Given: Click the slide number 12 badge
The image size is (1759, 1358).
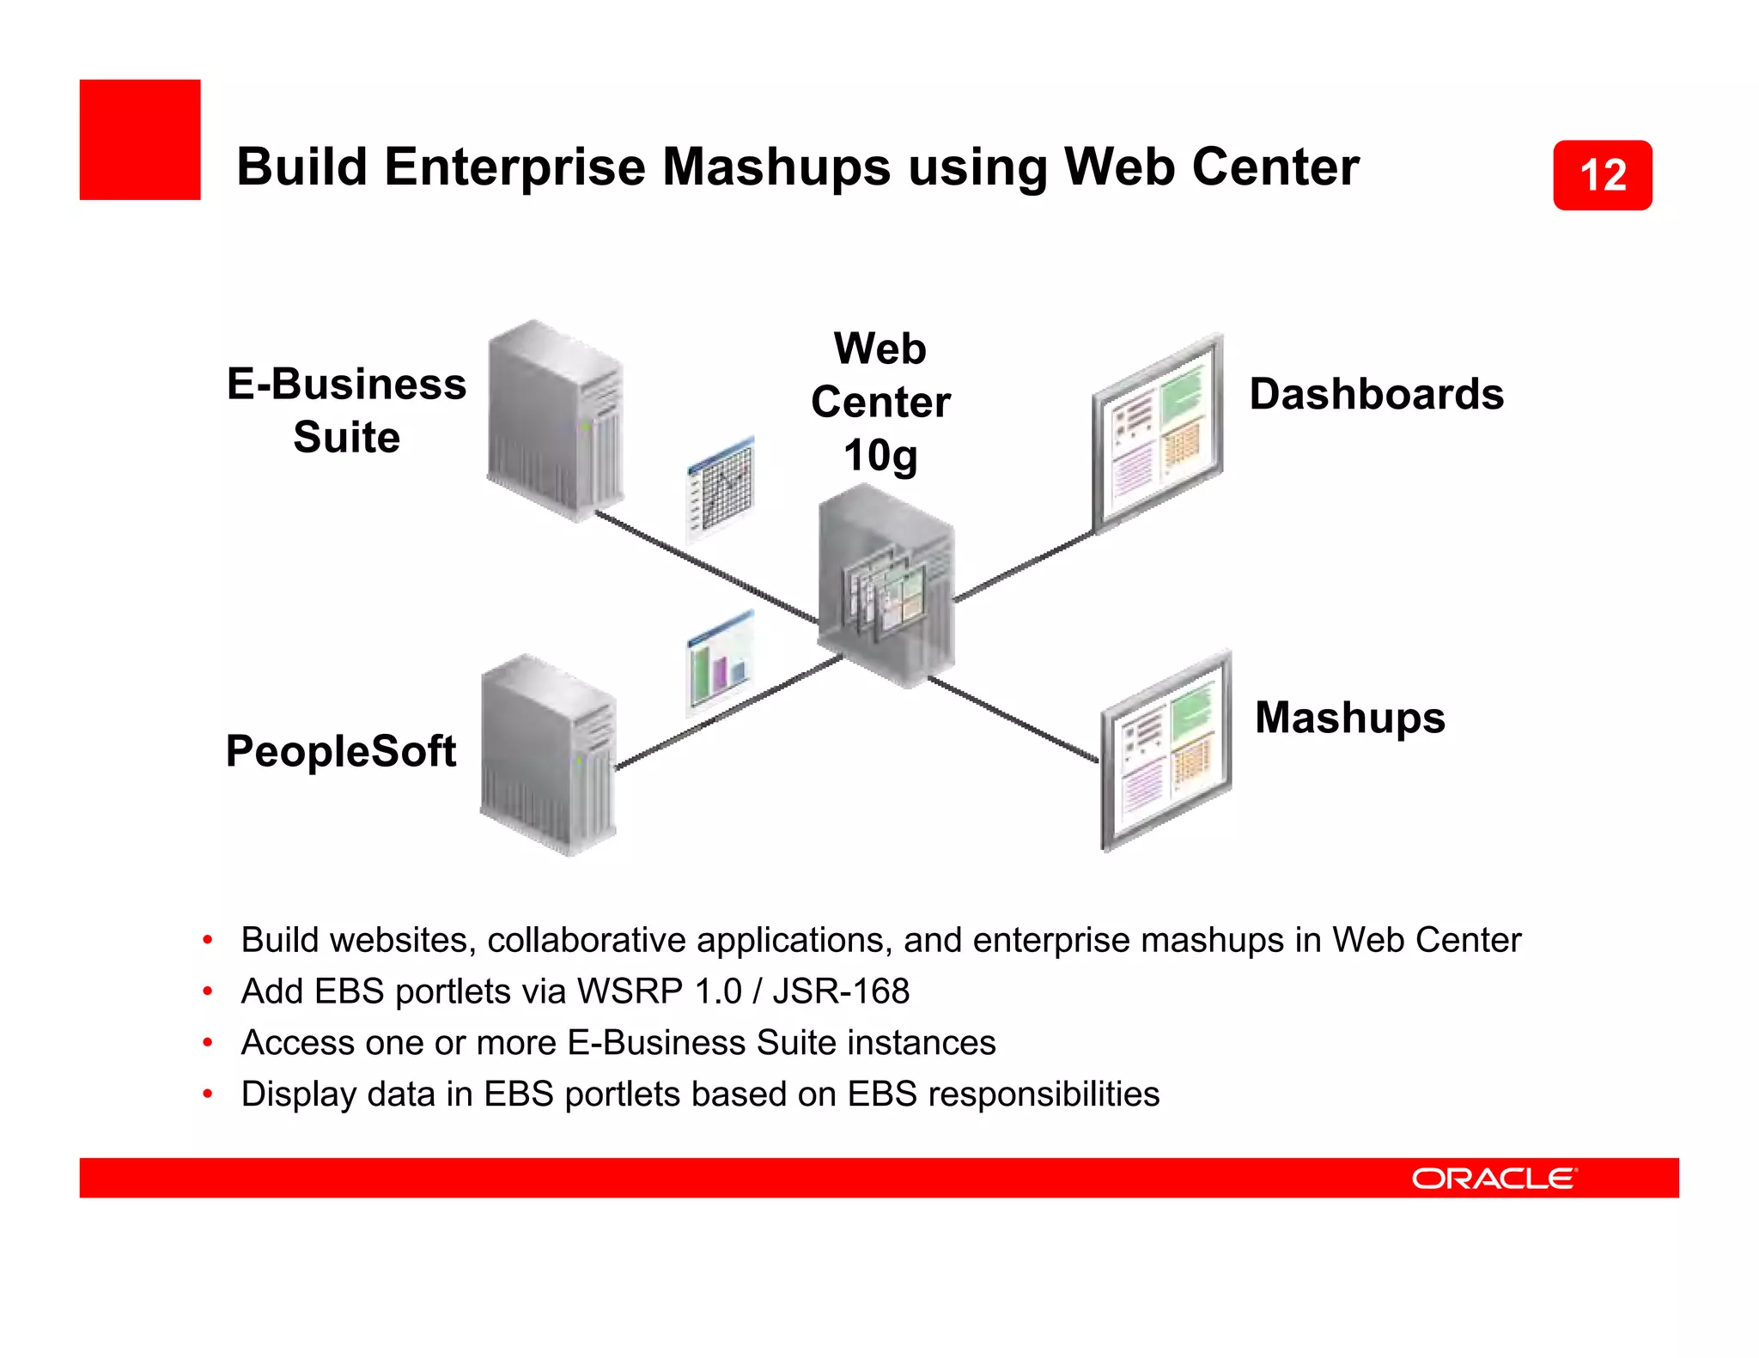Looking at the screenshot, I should pyautogui.click(x=1602, y=175).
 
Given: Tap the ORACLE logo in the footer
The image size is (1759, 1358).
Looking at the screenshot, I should pyautogui.click(x=1494, y=1178).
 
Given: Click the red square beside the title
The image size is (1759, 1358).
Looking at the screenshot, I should pyautogui.click(x=140, y=140).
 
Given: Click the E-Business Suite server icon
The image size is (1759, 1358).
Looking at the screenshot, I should pyautogui.click(x=555, y=421).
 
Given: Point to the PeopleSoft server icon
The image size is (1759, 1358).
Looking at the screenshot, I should pyautogui.click(x=548, y=755).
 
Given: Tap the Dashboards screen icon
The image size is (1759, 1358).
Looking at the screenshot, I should pyautogui.click(x=1158, y=433).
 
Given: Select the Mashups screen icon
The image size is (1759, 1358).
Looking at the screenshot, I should pyautogui.click(x=1166, y=750).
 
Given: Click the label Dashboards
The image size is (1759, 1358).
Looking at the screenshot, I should pyautogui.click(x=1376, y=394).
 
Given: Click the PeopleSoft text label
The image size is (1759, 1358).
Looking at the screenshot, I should pyautogui.click(x=340, y=751).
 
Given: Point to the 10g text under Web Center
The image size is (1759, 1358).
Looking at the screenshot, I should pyautogui.click(x=880, y=455).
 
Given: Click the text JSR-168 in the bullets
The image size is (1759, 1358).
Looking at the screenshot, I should pyautogui.click(x=841, y=991).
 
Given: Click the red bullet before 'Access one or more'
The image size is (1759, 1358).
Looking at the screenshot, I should pyautogui.click(x=207, y=1043).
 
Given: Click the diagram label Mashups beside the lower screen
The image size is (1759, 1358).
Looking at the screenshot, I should pyautogui.click(x=1349, y=718).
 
